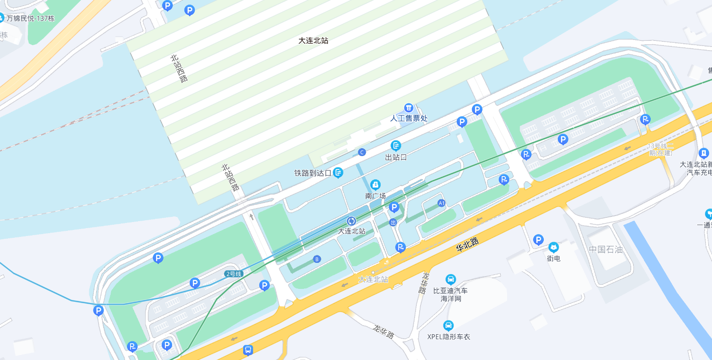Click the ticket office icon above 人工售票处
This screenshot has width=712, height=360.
pyautogui.click(x=409, y=108)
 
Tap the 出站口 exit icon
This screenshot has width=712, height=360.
pyautogui.click(x=396, y=146)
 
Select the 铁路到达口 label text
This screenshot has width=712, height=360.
pyautogui.click(x=312, y=173)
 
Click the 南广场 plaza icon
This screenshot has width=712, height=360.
pyautogui.click(x=376, y=185)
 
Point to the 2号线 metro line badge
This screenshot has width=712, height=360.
pyautogui.click(x=233, y=274)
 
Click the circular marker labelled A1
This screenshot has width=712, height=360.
pyautogui.click(x=442, y=203)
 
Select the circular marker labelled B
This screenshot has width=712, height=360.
pyautogui.click(x=317, y=259)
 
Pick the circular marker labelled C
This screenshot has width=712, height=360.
pyautogui.click(x=362, y=152)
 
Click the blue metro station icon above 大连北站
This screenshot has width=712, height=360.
pyautogui.click(x=351, y=221)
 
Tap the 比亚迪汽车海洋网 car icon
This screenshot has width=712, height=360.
pyautogui.click(x=450, y=279)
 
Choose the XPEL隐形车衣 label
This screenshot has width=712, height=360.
pyautogui.click(x=448, y=336)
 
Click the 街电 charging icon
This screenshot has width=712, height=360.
pyautogui.click(x=554, y=248)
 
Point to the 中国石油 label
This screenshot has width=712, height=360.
pyautogui.click(x=606, y=249)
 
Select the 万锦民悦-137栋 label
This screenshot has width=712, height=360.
pyautogui.click(x=30, y=19)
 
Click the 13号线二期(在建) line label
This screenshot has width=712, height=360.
pyautogui.click(x=660, y=149)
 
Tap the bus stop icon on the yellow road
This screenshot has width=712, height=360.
pyautogui.click(x=248, y=350)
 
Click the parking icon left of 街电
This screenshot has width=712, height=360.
pyautogui.click(x=538, y=240)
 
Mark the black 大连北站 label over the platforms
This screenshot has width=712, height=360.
pyautogui.click(x=313, y=40)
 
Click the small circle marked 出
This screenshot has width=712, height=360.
pyautogui.click(x=393, y=223)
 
